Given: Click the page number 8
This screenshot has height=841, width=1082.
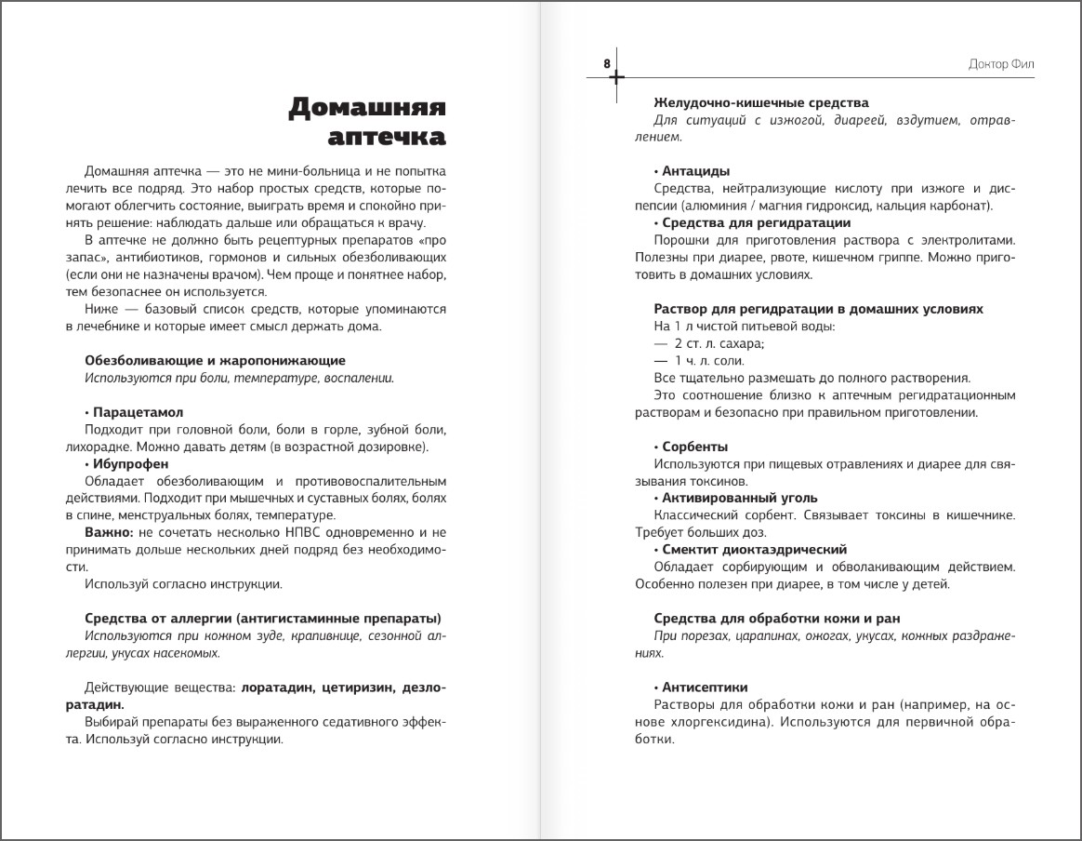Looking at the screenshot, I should point(607,63).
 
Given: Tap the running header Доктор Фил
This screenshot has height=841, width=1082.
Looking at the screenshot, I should point(1001,64).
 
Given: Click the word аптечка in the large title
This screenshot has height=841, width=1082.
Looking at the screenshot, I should point(388,138).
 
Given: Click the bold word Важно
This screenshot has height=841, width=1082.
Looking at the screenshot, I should point(109,532).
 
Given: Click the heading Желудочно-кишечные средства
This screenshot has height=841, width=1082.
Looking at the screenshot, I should point(761,102).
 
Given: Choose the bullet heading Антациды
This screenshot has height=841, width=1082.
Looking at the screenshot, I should point(695,171).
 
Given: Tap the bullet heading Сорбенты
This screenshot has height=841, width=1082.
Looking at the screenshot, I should point(694,447).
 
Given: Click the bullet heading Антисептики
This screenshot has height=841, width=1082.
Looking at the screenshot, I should point(705,687).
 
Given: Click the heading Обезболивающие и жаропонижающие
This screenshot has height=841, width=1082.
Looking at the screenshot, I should point(215,360).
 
